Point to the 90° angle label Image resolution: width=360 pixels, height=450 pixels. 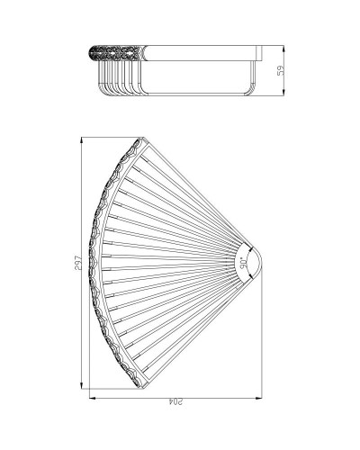pos(243,262)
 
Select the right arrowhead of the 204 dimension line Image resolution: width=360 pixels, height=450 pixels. pos(263,397)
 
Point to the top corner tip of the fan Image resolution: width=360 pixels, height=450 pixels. pos(140,139)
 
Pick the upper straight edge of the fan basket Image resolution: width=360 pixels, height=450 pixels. pos(198,193)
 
